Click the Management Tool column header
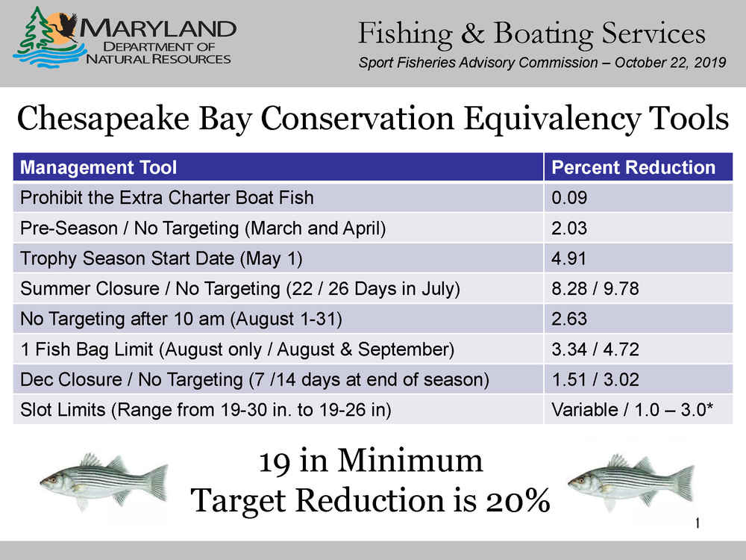point(98,167)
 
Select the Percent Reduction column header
point(633,167)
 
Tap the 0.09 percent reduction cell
point(569,198)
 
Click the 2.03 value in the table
point(569,228)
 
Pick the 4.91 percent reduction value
point(568,258)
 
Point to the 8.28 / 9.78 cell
point(595,288)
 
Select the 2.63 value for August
point(569,319)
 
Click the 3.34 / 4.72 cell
point(595,349)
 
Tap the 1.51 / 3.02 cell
point(595,379)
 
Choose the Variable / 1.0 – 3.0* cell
point(633,409)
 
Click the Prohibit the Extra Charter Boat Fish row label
point(166,198)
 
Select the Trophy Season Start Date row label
point(161,258)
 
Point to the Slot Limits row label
point(206,410)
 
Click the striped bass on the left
point(104,480)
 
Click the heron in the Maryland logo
point(66,27)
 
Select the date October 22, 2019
point(671,63)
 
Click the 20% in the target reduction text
point(518,501)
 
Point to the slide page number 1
point(698,523)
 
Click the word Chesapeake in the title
point(103,119)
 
